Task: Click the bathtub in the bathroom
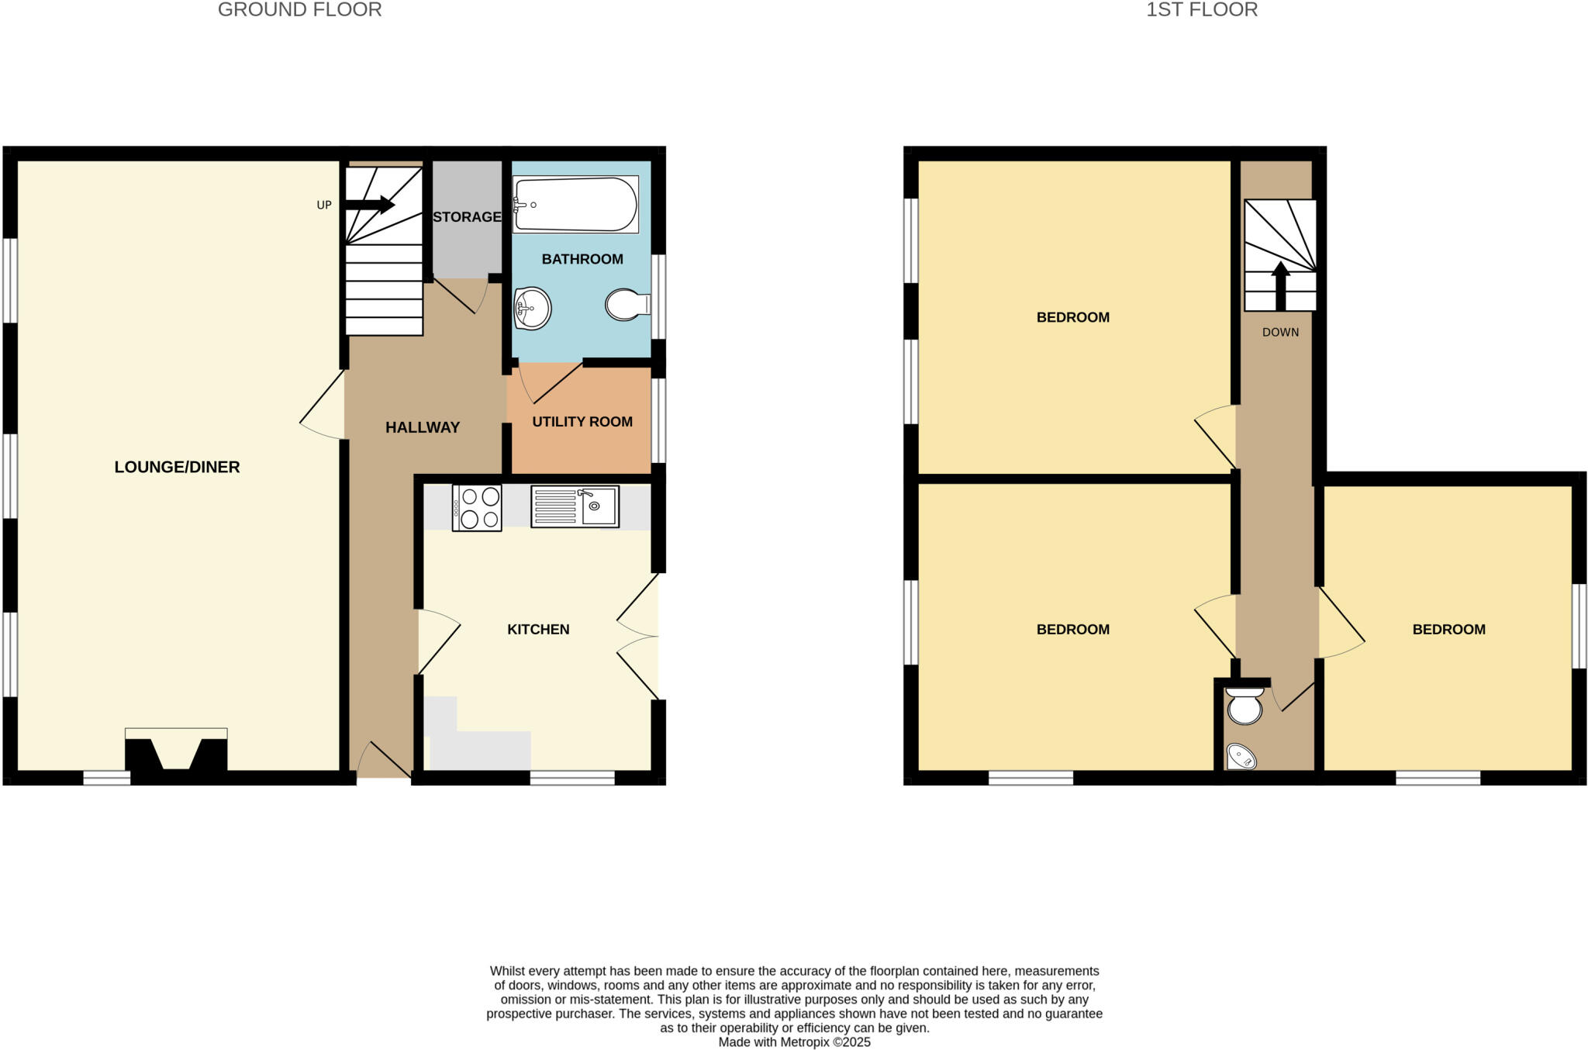[575, 205]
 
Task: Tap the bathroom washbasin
[532, 308]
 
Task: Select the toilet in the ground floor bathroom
[627, 305]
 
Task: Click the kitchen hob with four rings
[477, 508]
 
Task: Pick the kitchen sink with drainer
[575, 506]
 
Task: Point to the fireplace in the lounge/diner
[176, 752]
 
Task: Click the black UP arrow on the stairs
[371, 205]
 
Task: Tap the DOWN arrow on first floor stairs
[1280, 285]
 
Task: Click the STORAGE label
[467, 217]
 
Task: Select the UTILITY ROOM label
[582, 422]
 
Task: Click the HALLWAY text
[423, 427]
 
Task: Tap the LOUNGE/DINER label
[177, 467]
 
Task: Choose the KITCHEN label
[538, 630]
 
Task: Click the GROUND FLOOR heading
[299, 10]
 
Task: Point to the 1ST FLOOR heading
[1202, 10]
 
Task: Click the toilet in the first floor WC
[1245, 706]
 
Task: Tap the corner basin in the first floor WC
[1241, 756]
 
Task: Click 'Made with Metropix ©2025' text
[794, 1042]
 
